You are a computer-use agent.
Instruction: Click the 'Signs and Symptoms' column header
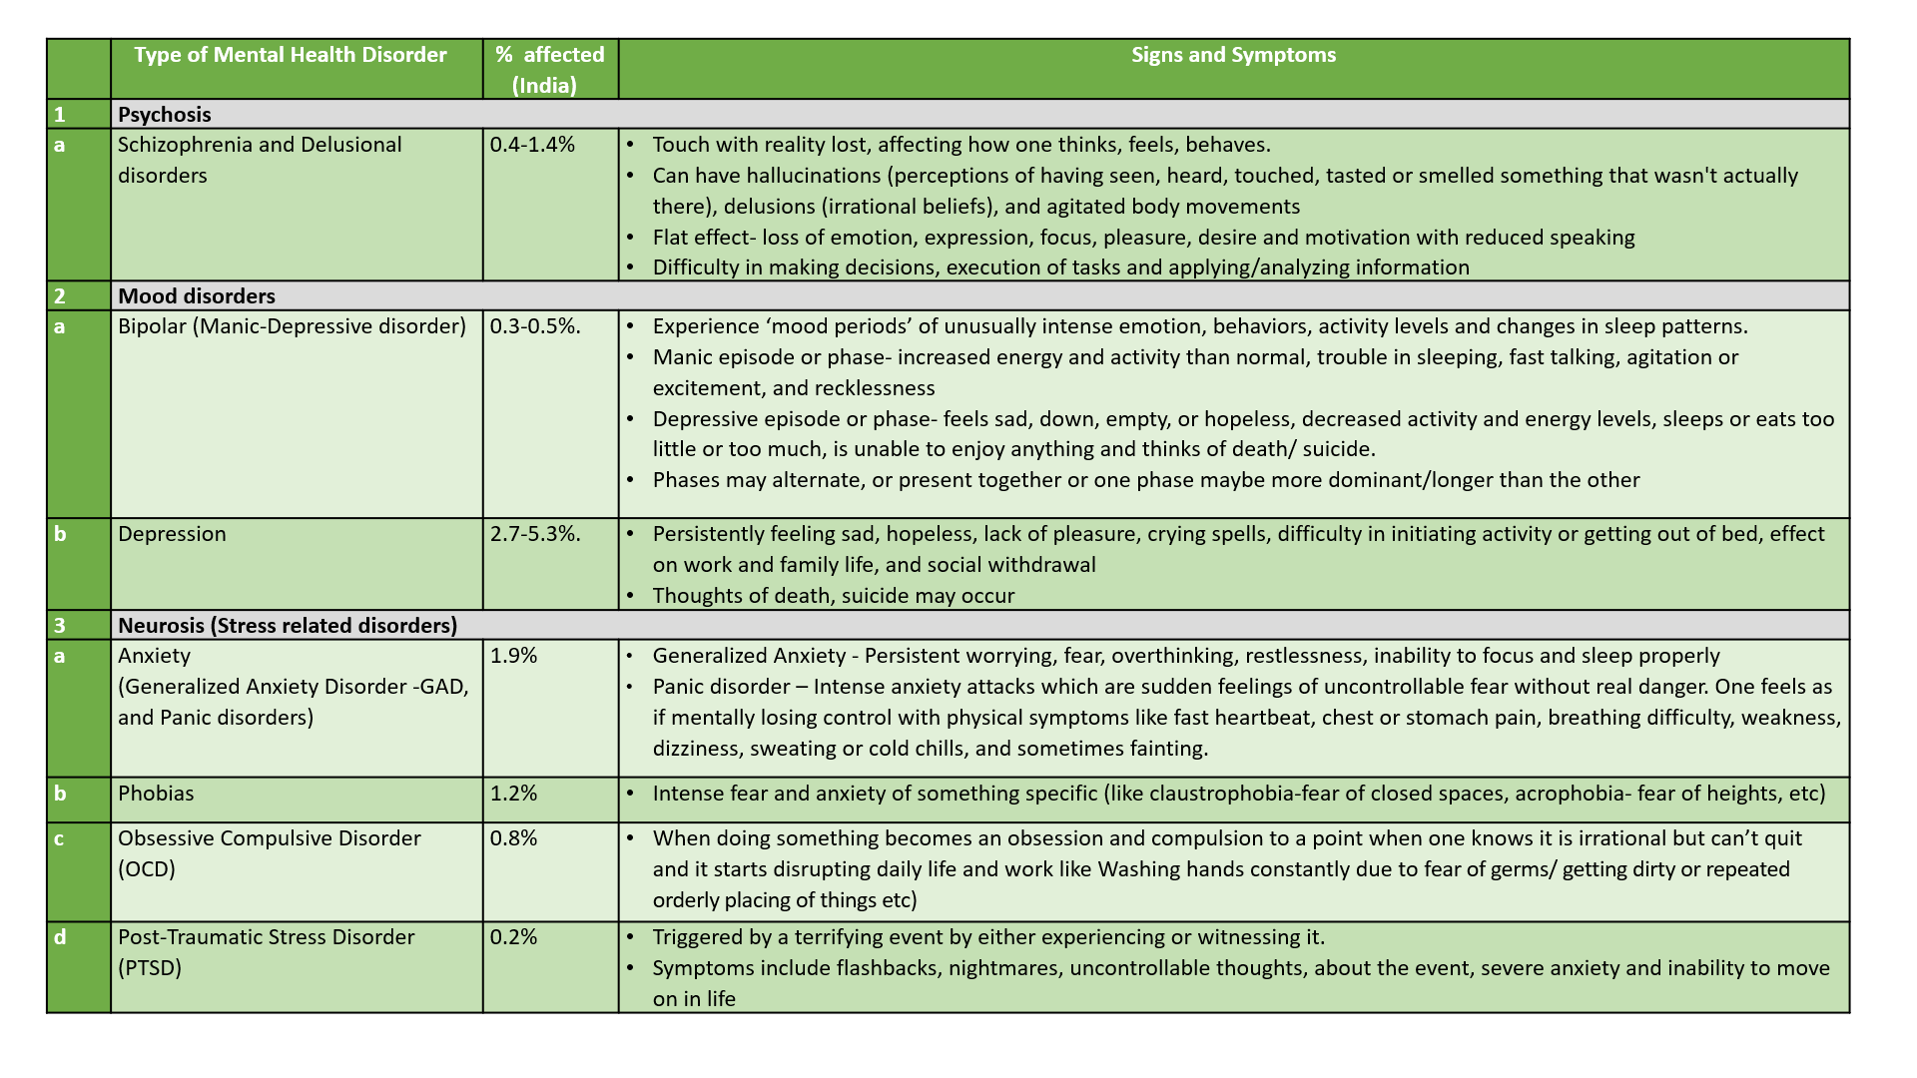click(x=1233, y=55)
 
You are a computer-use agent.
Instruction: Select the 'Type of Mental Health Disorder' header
click(x=291, y=55)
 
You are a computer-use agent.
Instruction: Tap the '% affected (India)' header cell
click(x=549, y=69)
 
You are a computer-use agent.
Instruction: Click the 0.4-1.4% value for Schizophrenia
click(x=532, y=145)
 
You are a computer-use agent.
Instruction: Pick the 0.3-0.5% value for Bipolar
click(x=535, y=326)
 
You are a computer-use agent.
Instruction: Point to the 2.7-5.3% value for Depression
click(x=535, y=534)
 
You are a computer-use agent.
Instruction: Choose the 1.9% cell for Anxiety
click(x=513, y=656)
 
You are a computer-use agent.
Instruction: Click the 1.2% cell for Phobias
click(x=513, y=794)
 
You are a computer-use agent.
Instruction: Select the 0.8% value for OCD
click(x=513, y=838)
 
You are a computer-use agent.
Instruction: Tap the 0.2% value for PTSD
click(x=513, y=937)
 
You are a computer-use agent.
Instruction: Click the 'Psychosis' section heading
click(x=165, y=115)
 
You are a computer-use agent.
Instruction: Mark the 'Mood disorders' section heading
click(x=197, y=296)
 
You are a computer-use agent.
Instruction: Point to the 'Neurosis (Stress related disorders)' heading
click(x=288, y=626)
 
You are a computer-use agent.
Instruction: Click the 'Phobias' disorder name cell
click(x=156, y=794)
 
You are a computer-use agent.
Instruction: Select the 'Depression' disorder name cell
click(x=172, y=534)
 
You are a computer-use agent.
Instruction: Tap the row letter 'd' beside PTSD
click(x=60, y=937)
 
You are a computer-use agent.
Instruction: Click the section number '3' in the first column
click(x=60, y=626)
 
